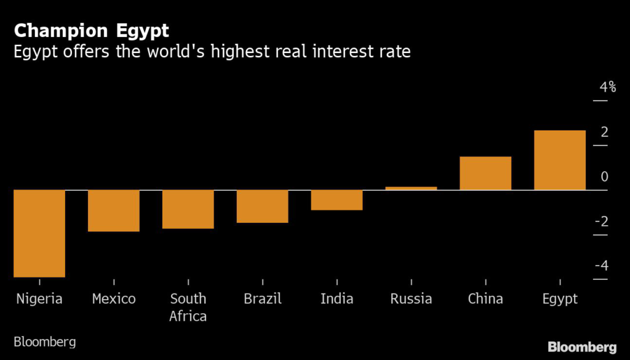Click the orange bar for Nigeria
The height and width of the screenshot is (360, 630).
pos(39,233)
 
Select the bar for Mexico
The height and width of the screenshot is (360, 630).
pos(114,210)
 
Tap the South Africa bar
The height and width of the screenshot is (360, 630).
pos(188,209)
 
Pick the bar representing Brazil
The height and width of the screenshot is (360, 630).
pos(262,206)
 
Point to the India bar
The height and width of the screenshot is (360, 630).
pos(337,200)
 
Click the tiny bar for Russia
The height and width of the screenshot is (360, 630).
pos(411,188)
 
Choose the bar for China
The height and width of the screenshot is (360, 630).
pos(485,173)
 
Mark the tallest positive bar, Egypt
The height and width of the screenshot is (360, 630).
pos(560,160)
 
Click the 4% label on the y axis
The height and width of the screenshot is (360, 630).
pos(607,87)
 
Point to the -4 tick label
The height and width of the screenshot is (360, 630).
pos(602,266)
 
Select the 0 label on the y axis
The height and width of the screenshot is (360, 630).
pos(605,177)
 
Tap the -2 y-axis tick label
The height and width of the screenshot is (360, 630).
pos(602,221)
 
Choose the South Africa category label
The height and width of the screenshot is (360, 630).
pos(188,307)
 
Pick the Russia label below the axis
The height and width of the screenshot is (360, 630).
pos(411,299)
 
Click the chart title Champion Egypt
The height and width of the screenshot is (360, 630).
pos(91,31)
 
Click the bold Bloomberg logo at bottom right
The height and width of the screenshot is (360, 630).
pos(582,347)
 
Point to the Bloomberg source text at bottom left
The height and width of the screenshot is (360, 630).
pos(44,342)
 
